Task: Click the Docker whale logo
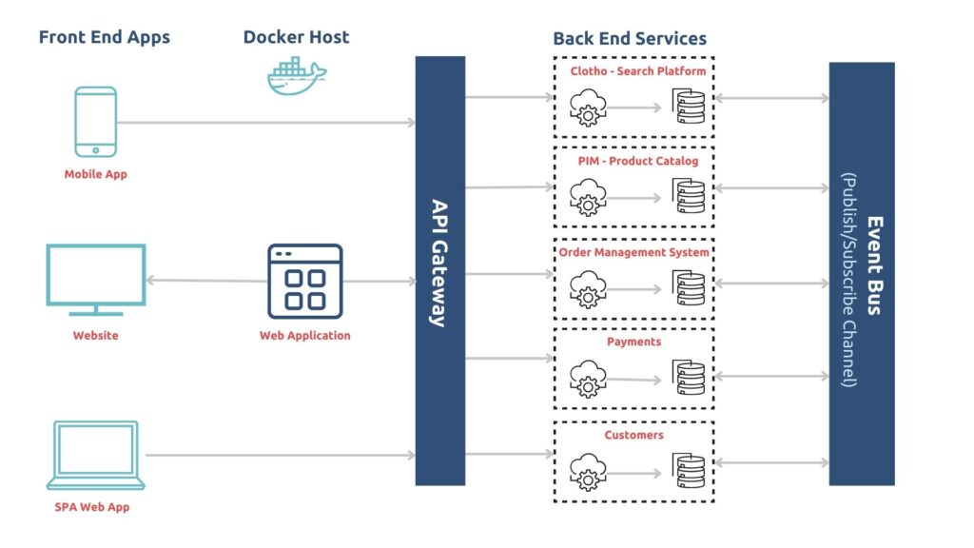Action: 297,76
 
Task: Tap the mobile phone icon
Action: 96,122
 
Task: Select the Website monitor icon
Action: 96,281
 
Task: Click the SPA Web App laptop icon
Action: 96,456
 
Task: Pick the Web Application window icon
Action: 305,282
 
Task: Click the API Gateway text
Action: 439,263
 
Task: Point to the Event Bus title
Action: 875,265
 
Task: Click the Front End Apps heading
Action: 105,37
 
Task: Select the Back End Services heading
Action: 630,38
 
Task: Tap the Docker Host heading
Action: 297,37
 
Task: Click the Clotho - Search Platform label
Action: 638,70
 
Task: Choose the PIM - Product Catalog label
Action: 638,161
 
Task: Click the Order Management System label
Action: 633,252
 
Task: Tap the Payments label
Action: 633,342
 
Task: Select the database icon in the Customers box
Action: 689,470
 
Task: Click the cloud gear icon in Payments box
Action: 588,379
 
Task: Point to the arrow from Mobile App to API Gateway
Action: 266,123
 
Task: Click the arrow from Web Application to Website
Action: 206,281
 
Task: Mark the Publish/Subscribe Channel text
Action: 849,280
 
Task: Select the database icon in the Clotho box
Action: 689,107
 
